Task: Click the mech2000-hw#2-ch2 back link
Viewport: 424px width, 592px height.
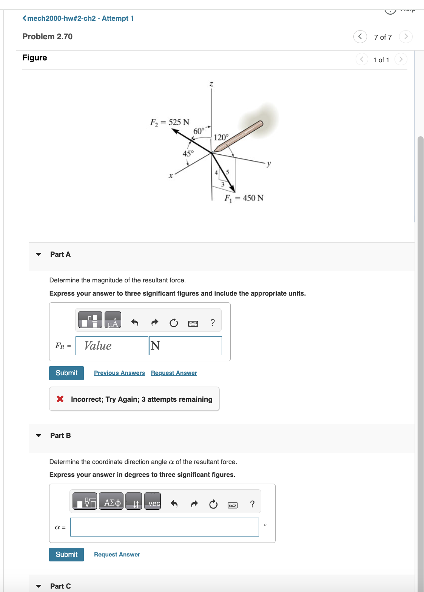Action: click(x=78, y=18)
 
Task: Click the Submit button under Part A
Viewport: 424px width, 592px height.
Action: click(x=66, y=373)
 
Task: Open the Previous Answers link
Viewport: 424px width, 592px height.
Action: click(x=119, y=373)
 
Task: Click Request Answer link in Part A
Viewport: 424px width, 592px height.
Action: click(x=174, y=373)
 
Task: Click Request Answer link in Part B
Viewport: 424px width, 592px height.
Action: click(x=117, y=555)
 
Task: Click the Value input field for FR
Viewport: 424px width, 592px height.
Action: click(x=112, y=346)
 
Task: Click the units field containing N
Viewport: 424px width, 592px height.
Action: click(x=185, y=346)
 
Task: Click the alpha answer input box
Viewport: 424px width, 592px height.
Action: click(x=164, y=527)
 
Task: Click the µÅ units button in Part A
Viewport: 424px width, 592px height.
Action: click(x=113, y=320)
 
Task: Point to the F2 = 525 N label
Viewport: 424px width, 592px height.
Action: click(x=170, y=122)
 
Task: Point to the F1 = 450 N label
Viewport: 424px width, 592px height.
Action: click(x=244, y=198)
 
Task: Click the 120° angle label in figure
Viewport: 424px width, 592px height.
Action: click(x=221, y=137)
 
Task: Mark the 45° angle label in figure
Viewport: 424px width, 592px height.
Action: click(x=188, y=154)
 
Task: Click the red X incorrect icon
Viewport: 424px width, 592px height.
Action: click(x=60, y=399)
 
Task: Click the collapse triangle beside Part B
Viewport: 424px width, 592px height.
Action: click(x=39, y=436)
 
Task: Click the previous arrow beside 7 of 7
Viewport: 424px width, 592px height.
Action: click(x=360, y=37)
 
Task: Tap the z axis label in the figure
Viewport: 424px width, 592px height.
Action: click(x=211, y=85)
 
